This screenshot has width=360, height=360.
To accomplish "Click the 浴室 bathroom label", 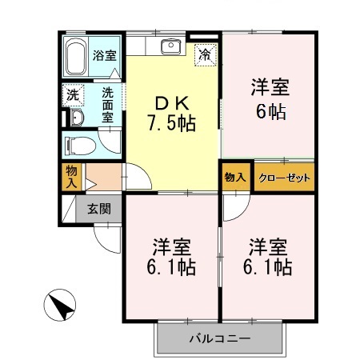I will click(x=104, y=56).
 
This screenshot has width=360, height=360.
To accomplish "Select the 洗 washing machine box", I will click(x=73, y=94).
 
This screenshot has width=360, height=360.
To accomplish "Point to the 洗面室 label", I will click(x=106, y=102).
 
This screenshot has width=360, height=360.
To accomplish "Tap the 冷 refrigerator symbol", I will click(x=206, y=55).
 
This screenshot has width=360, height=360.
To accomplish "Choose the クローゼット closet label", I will click(x=284, y=178).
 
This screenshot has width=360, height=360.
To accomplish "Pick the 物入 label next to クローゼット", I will click(x=236, y=177).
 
